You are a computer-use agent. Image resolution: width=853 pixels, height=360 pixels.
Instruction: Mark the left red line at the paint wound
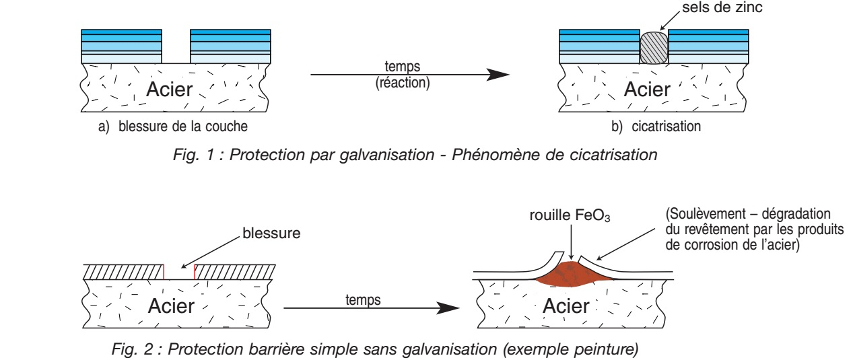(x=164, y=271)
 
